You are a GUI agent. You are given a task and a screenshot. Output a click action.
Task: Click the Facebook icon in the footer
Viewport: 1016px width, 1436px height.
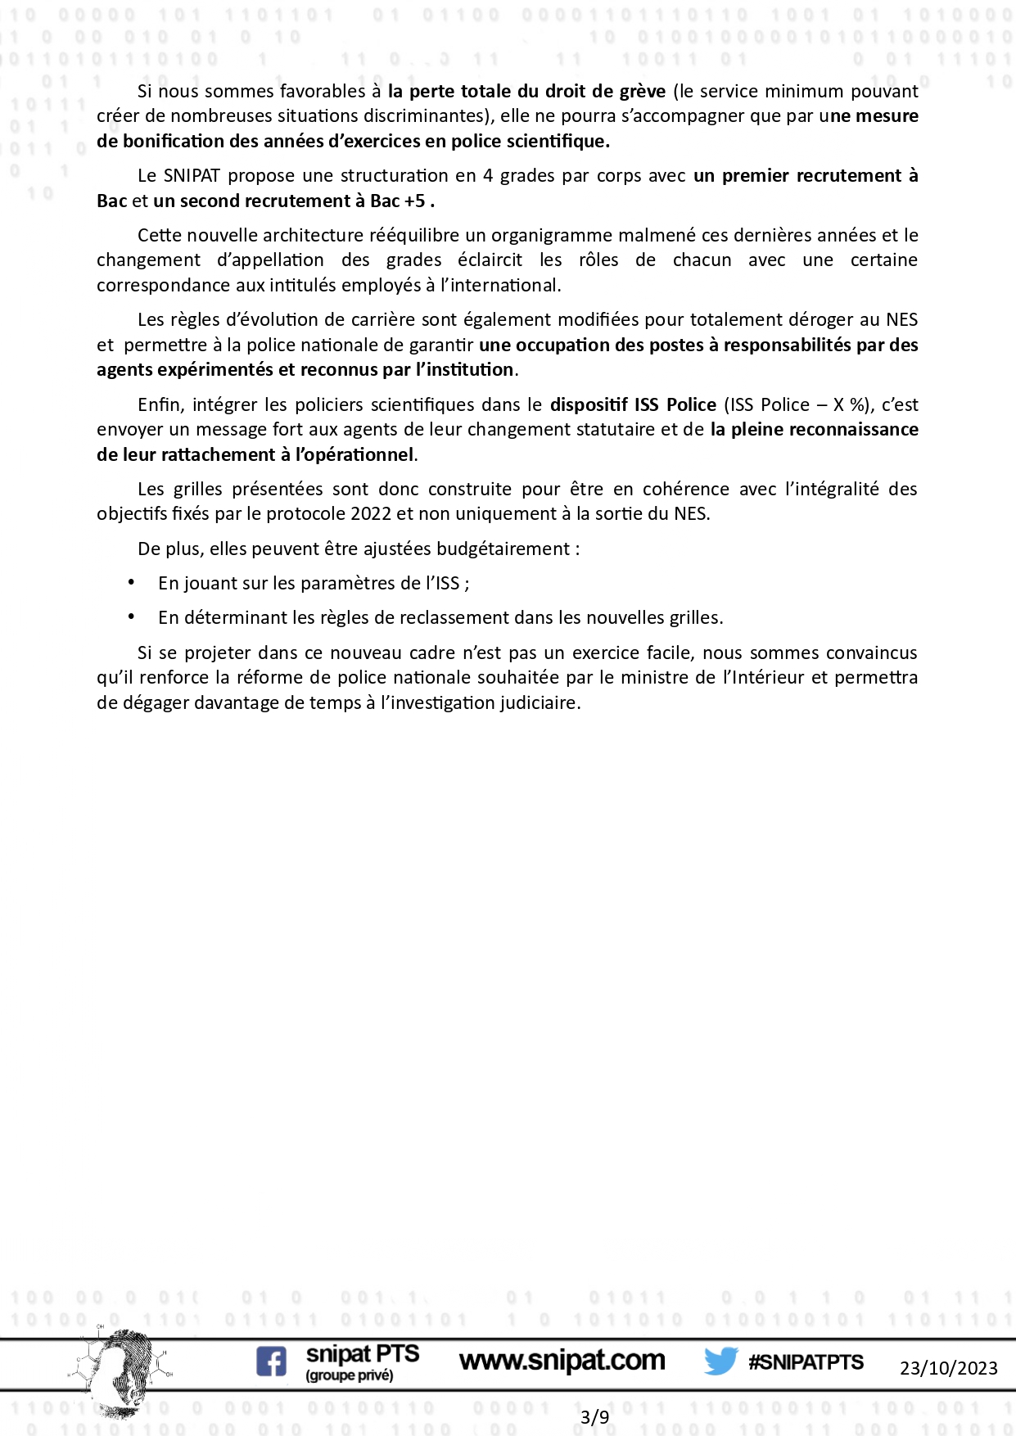[272, 1361]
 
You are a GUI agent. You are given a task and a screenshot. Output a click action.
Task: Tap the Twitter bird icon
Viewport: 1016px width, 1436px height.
[720, 1361]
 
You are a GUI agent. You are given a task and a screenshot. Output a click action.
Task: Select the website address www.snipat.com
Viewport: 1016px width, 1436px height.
[562, 1361]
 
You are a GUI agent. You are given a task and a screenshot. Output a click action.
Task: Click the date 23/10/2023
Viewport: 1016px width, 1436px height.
[948, 1368]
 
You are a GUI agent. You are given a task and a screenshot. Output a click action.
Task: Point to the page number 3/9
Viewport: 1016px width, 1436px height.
[594, 1417]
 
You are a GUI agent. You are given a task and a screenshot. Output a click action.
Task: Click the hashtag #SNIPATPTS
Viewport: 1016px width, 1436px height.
[806, 1361]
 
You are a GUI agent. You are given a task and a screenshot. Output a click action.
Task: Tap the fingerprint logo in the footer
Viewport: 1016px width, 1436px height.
[123, 1372]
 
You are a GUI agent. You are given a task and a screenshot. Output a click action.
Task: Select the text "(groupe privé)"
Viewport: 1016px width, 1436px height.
[349, 1376]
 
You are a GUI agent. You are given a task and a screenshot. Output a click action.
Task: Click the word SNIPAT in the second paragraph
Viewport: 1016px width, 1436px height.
[192, 176]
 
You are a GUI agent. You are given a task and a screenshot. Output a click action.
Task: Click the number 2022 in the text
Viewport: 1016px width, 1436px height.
[371, 514]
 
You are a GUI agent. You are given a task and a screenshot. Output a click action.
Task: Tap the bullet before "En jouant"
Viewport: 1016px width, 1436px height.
[132, 582]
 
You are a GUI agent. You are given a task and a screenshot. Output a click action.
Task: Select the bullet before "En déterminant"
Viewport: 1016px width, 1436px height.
[132, 616]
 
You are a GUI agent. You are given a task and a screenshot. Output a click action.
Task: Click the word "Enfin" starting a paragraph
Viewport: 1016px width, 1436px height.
[160, 405]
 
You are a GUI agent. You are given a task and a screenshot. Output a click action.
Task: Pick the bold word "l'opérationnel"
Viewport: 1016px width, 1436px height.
[354, 455]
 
